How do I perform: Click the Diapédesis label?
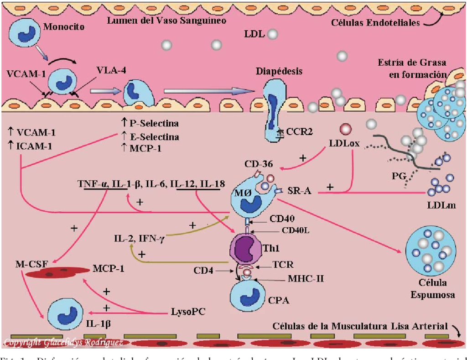pos(279,71)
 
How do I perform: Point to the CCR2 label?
pos(299,132)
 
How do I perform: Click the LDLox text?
pos(344,143)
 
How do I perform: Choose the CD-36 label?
pos(258,164)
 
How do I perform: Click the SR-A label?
pos(300,191)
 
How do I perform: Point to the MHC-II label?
pos(306,278)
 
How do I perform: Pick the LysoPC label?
pos(188,312)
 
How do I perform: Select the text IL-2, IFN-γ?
pos(139,237)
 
